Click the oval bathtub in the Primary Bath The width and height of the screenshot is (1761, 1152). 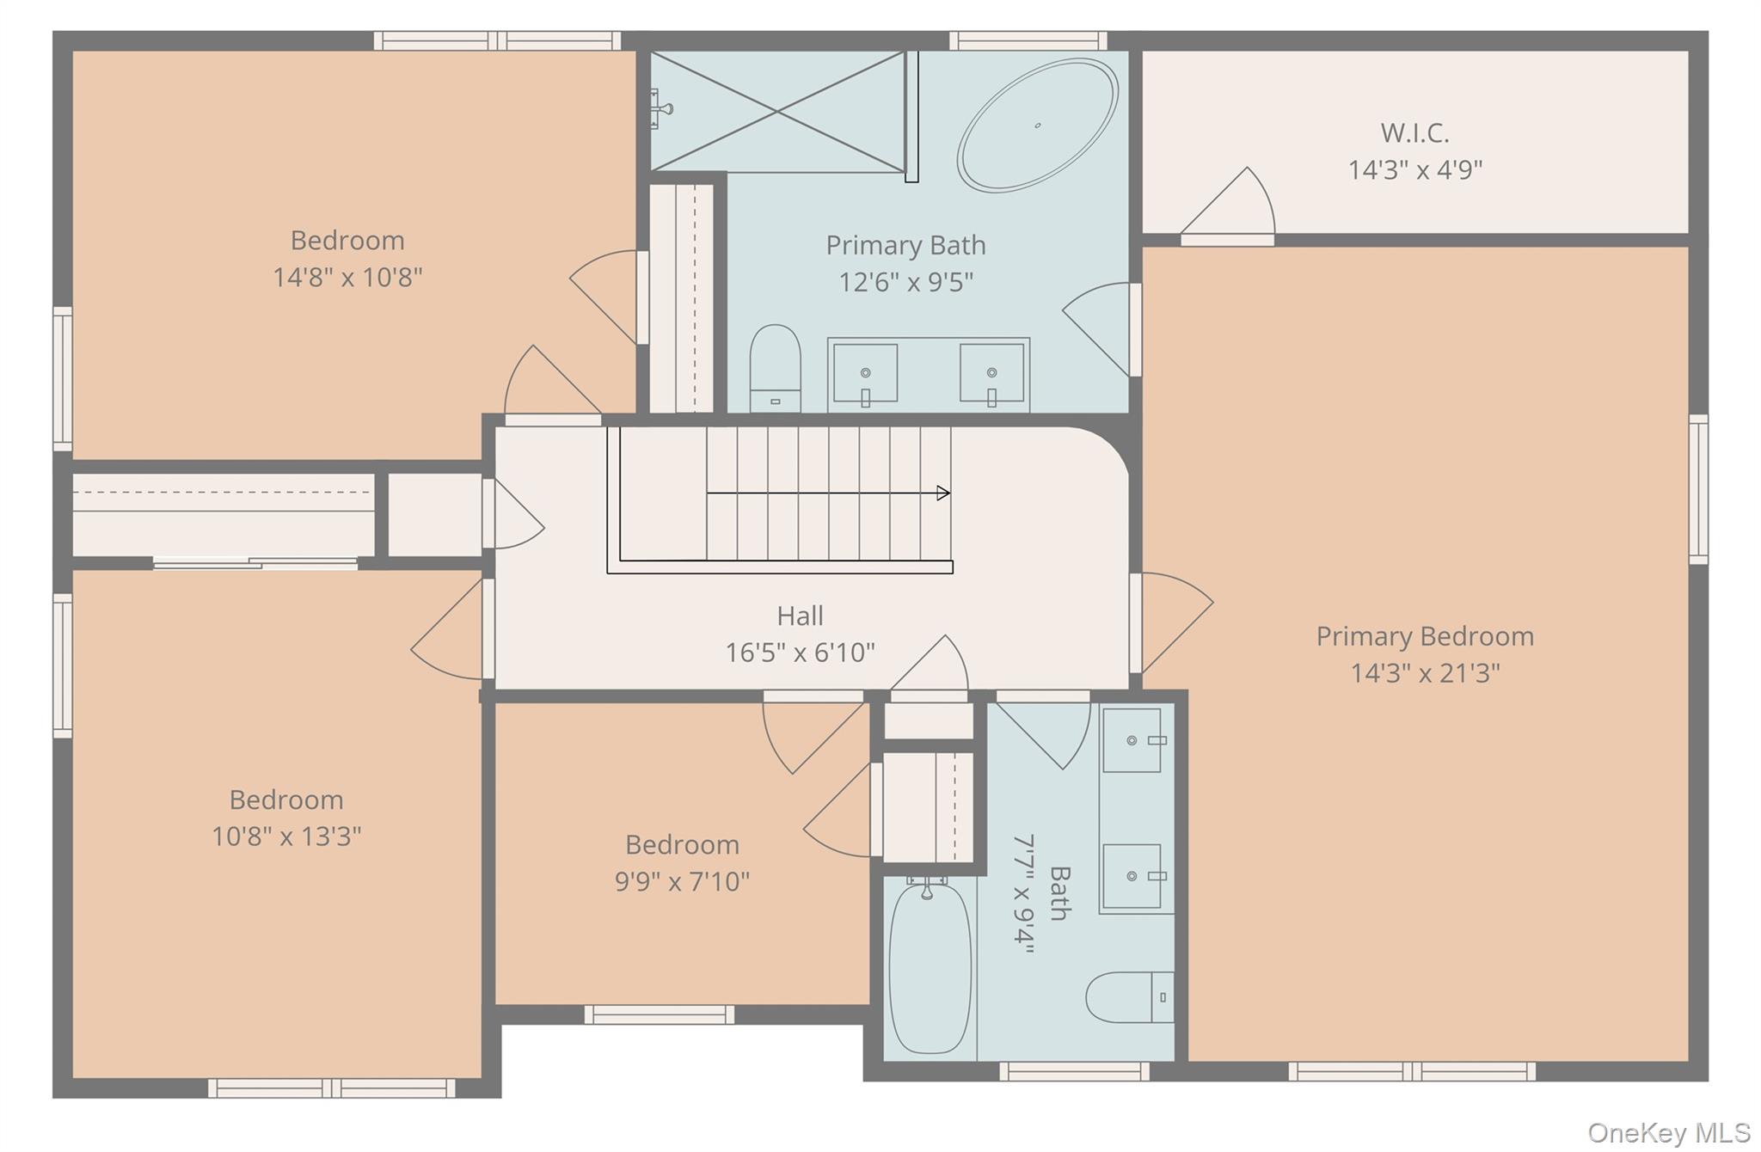(1038, 125)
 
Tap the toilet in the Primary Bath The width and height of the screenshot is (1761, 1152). (775, 369)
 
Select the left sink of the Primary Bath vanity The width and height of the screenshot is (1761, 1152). (865, 374)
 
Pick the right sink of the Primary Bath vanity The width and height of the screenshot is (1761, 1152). (991, 374)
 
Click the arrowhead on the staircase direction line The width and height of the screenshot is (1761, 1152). (943, 493)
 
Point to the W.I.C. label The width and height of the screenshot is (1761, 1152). (1414, 133)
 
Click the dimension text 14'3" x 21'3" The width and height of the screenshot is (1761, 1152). (1425, 672)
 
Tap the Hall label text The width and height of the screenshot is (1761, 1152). (800, 616)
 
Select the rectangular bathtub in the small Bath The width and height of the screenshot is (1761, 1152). (930, 967)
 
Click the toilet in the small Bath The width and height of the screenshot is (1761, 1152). (1129, 997)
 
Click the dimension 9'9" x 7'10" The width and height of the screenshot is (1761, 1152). (682, 881)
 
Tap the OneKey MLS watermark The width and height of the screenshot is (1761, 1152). (1668, 1132)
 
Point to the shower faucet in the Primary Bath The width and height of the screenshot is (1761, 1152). (660, 109)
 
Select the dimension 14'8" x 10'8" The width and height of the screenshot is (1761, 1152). (347, 277)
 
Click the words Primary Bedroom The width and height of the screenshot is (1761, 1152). (1425, 636)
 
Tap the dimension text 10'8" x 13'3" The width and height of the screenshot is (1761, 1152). (286, 836)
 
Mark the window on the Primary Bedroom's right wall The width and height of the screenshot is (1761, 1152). (1698, 489)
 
